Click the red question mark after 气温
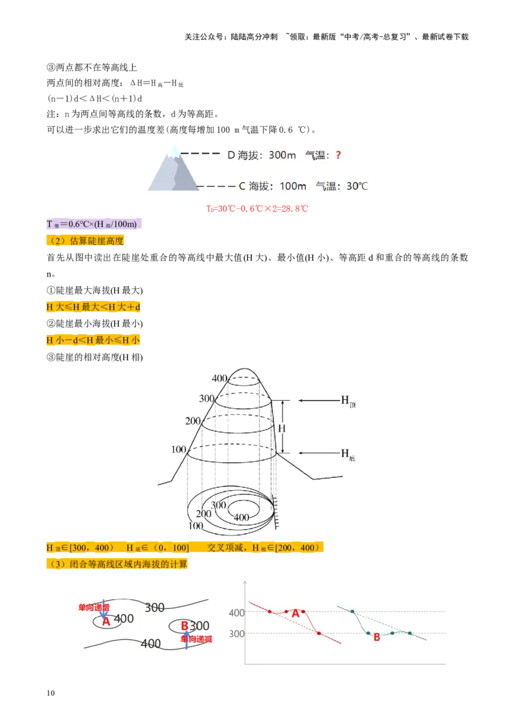339,155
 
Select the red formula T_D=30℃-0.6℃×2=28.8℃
257,208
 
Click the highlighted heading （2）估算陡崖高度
85,241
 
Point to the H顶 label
348,401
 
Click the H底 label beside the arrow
348,453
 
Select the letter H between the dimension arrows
282,428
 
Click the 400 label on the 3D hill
220,378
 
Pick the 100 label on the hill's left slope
179,450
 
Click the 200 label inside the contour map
203,513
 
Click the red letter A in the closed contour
106,621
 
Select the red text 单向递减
196,639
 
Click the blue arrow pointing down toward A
104,609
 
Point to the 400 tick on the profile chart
237,613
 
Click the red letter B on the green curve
377,637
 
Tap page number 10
51,693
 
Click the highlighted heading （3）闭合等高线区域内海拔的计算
117,564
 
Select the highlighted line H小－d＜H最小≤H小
93,340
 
